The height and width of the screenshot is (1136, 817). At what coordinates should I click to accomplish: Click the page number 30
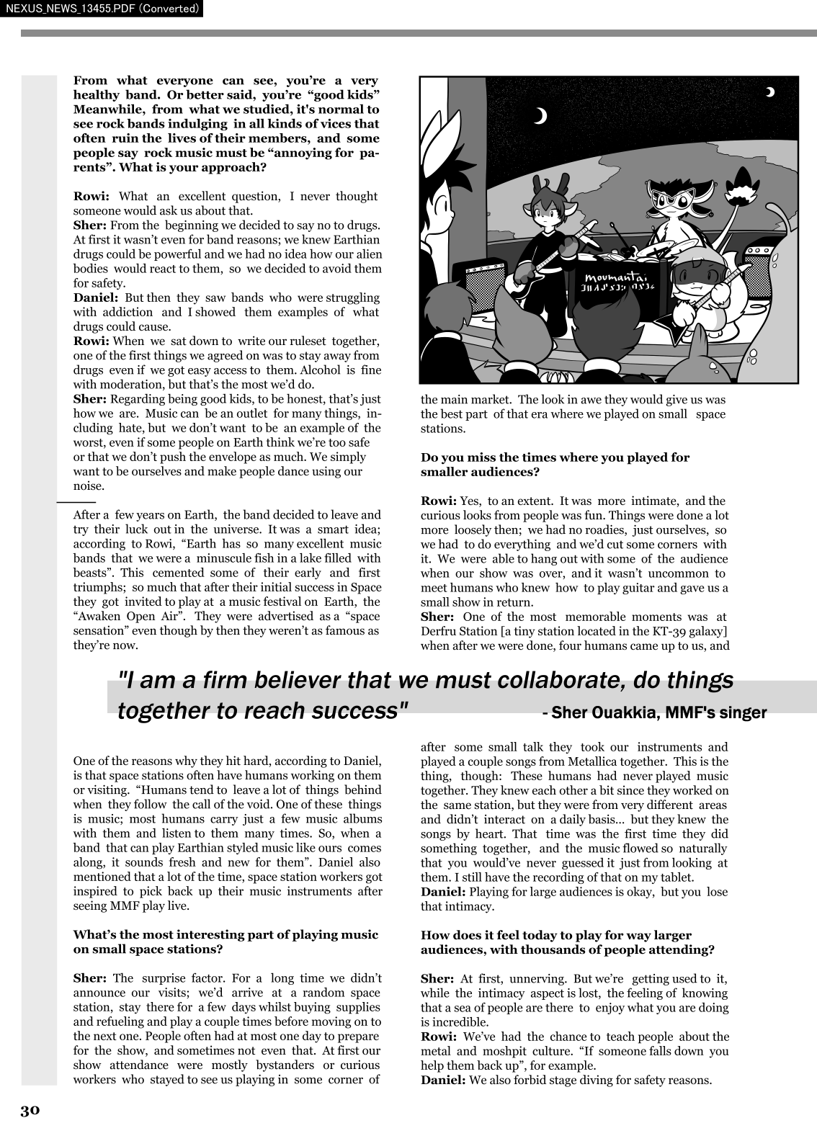[x=30, y=1110]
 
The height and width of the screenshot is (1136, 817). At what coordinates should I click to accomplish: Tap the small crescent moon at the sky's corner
[x=770, y=91]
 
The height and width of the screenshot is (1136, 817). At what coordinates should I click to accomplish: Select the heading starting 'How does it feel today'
[x=567, y=942]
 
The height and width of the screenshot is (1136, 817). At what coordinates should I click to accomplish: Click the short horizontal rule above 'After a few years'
[x=76, y=501]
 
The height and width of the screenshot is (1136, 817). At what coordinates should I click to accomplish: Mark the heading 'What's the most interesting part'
[x=225, y=942]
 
